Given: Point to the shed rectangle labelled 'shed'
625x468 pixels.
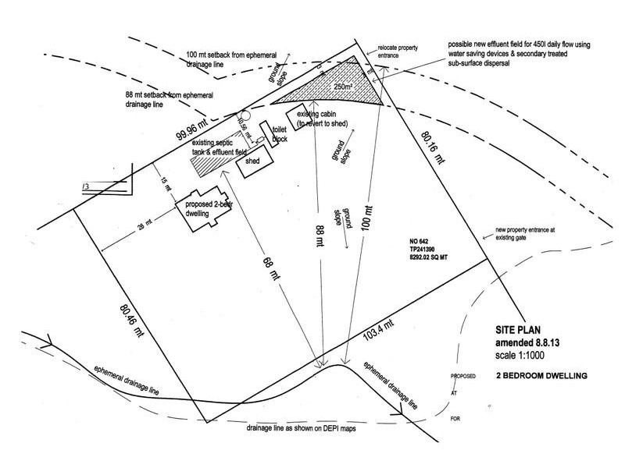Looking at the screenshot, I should coord(257,163).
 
